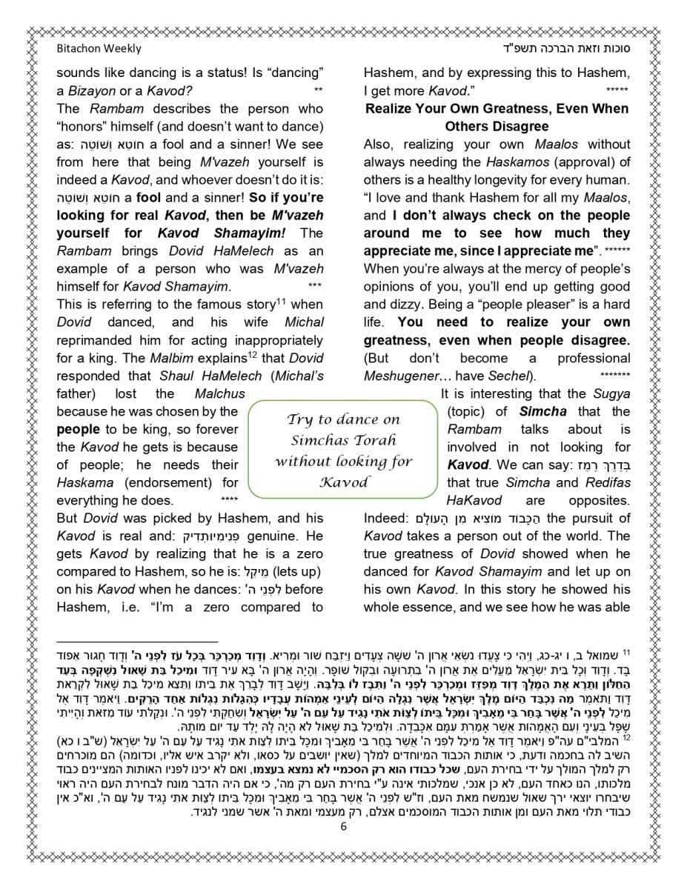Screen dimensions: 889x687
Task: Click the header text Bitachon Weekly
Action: tap(99, 49)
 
